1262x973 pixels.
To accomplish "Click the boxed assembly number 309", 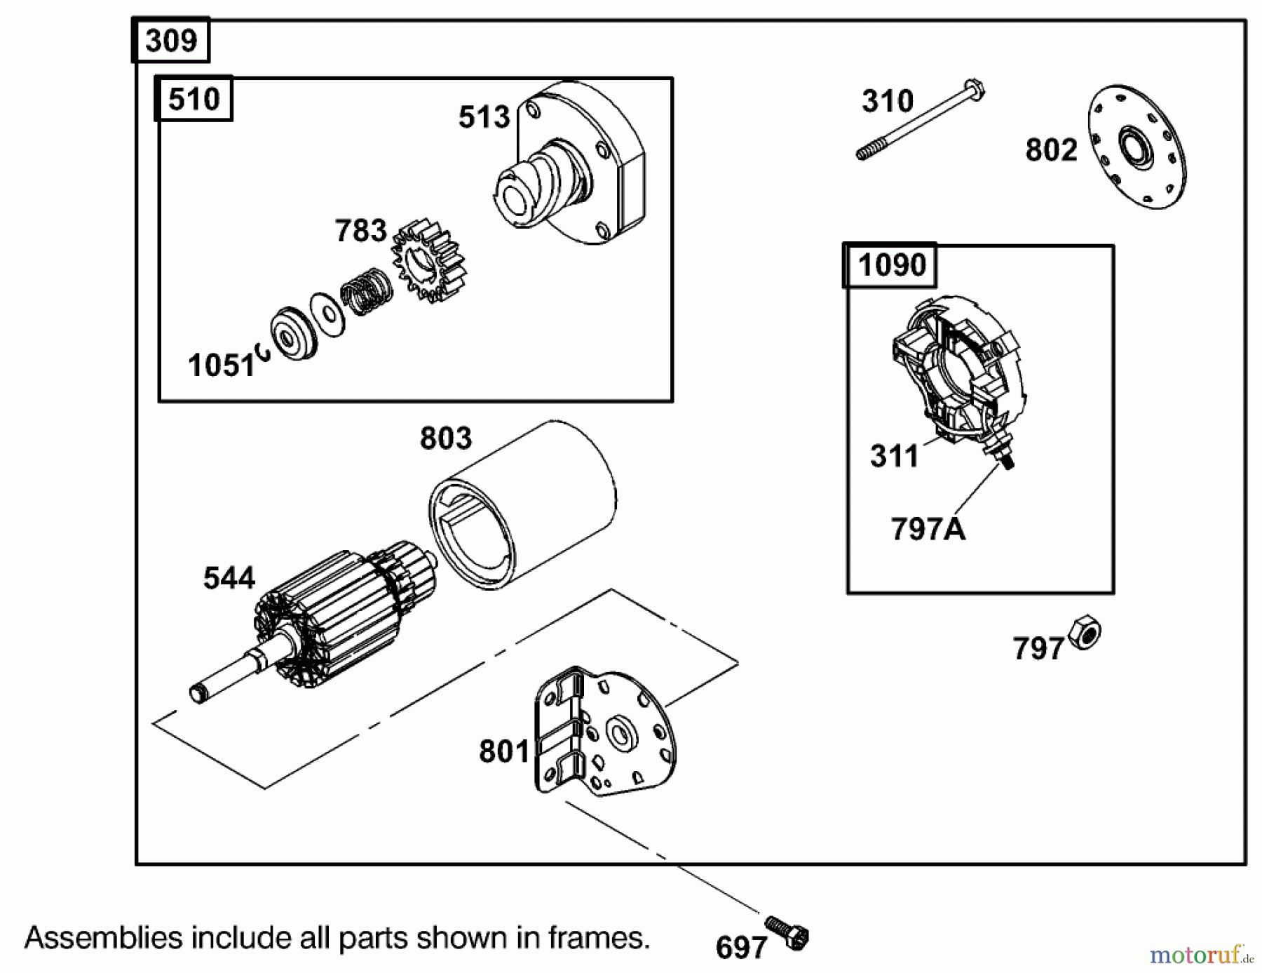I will (170, 41).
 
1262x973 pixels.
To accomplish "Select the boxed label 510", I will (194, 99).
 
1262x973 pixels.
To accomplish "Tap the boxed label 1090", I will (890, 265).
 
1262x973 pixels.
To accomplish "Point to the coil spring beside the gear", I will (366, 290).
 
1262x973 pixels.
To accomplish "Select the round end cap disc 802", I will (1136, 147).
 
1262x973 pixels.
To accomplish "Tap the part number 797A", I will (928, 530).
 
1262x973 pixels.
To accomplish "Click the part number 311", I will (894, 456).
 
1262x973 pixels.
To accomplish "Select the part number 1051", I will (221, 365).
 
